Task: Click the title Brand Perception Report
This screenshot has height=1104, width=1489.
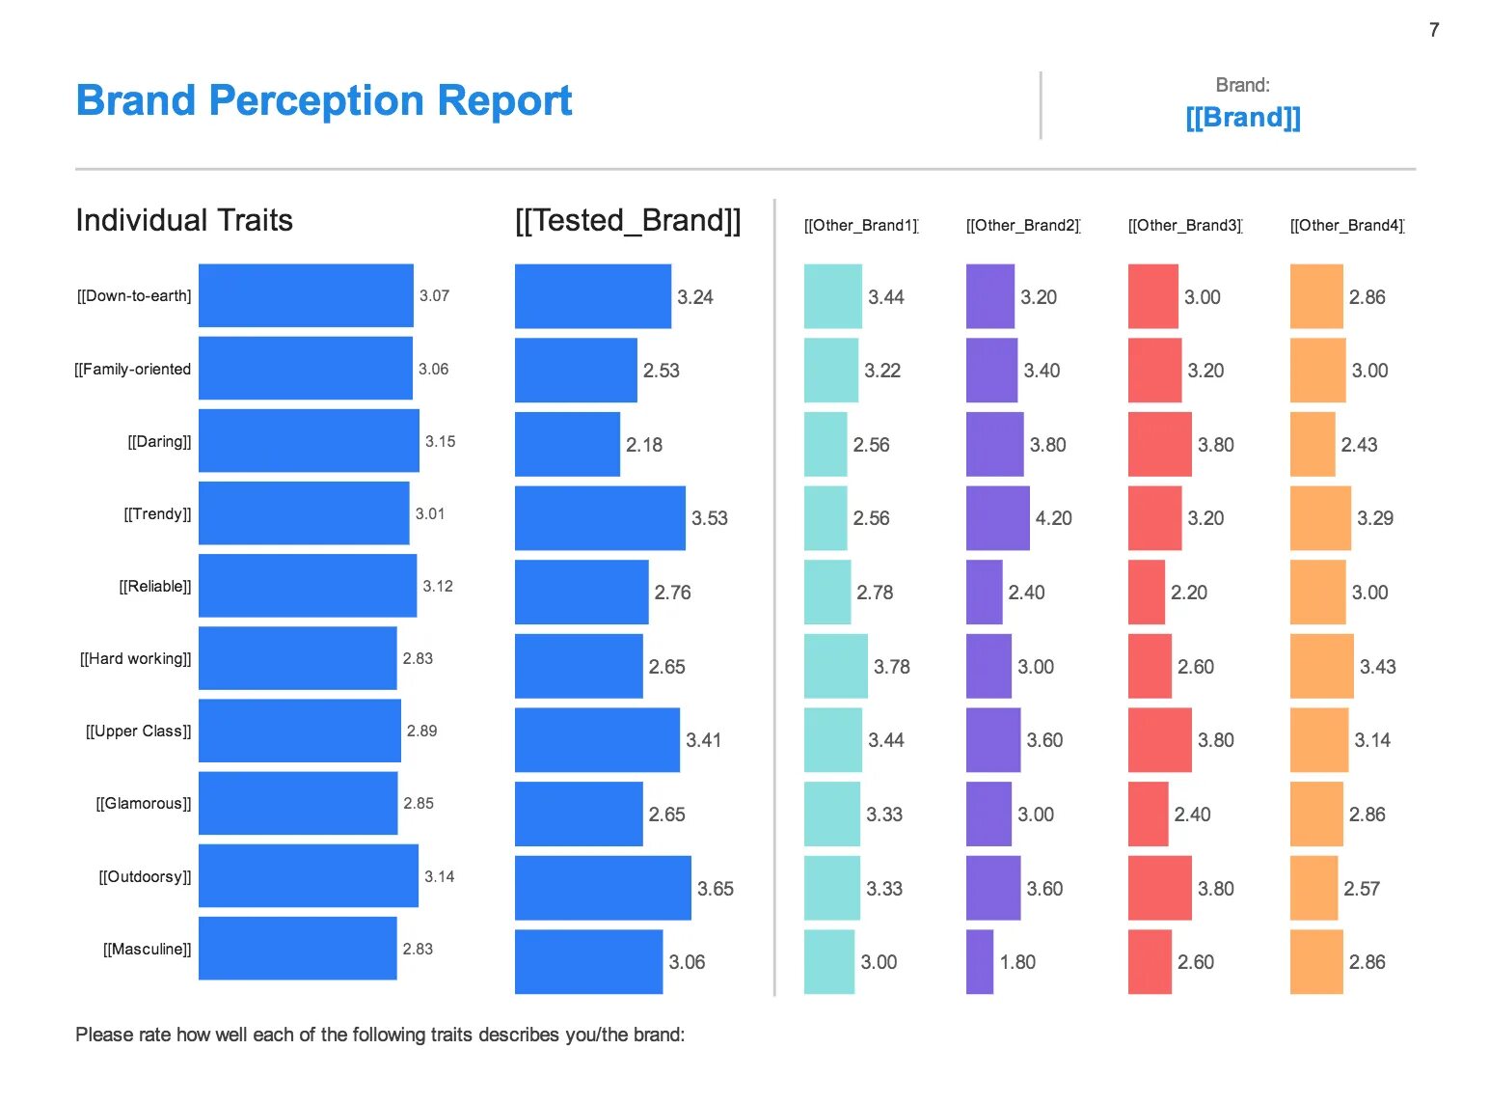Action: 324,100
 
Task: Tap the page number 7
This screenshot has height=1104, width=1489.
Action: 1434,30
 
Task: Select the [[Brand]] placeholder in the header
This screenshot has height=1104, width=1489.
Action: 1242,118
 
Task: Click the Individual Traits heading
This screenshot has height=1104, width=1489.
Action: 184,220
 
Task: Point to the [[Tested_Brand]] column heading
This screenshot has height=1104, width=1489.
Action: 628,220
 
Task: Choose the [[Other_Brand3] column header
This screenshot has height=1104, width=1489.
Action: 1185,226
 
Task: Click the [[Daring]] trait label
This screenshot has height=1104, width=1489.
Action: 160,442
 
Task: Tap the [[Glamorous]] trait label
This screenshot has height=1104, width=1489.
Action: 144,804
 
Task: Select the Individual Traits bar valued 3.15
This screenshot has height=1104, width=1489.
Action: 309,441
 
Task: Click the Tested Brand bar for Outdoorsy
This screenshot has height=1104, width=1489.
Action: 603,888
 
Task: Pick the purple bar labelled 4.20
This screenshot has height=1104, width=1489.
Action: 997,518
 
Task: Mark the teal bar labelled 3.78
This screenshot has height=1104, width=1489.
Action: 835,666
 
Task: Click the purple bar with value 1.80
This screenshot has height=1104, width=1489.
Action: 979,962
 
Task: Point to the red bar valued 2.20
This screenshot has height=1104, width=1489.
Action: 1146,593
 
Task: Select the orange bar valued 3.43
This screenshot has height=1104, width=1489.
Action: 1321,666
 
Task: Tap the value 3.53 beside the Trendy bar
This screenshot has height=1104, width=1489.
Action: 710,518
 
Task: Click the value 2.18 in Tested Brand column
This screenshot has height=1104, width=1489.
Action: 644,445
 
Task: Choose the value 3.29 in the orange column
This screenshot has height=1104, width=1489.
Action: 1375,518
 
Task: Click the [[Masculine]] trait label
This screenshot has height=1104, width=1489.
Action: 148,950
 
